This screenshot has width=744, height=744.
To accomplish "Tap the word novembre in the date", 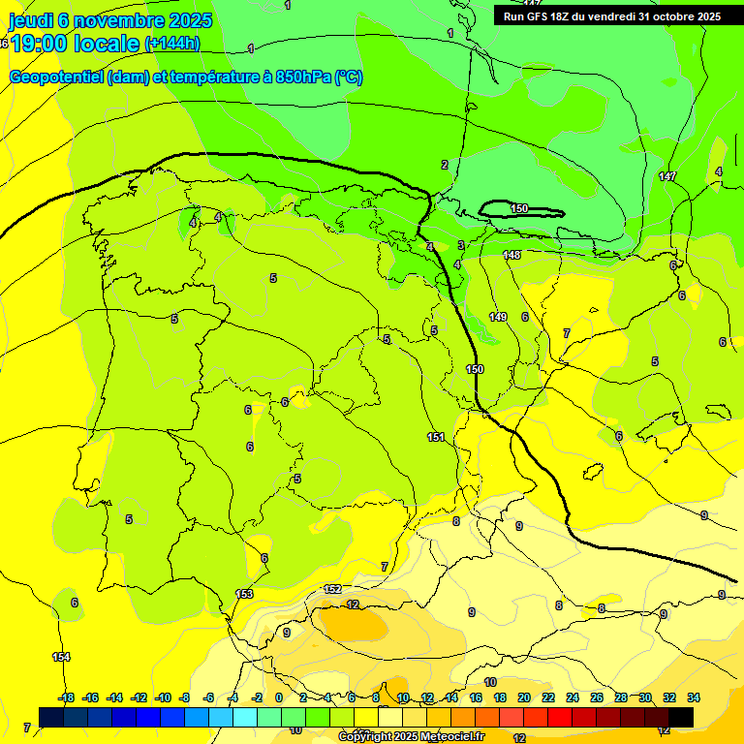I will click(119, 20).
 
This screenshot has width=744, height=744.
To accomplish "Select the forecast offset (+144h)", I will click(172, 44).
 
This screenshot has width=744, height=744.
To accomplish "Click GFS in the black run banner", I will click(542, 16).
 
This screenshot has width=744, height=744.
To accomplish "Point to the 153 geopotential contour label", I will click(244, 594).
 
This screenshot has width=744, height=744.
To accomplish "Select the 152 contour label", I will click(332, 589).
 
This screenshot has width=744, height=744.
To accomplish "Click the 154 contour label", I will click(61, 657).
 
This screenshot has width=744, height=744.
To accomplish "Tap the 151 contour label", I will click(436, 437).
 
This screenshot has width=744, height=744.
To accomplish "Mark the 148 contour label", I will click(512, 255).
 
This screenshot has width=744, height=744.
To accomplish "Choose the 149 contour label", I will click(498, 317).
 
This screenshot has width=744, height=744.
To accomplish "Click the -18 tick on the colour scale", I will click(66, 697).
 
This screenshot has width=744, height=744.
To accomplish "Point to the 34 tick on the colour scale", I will click(694, 697).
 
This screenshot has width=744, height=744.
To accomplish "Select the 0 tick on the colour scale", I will click(279, 697).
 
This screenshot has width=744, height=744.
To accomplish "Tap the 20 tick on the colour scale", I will click(524, 697).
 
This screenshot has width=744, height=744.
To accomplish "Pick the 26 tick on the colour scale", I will click(596, 697).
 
